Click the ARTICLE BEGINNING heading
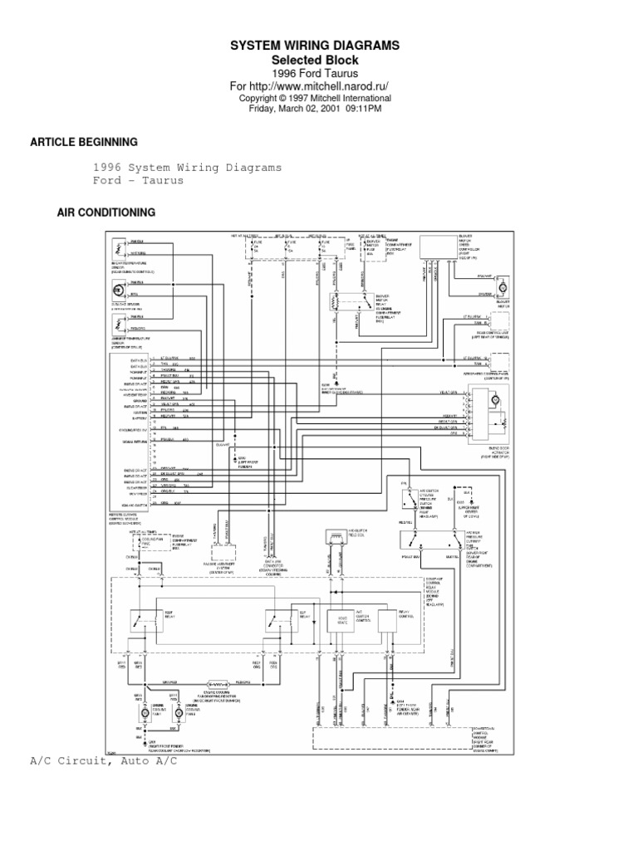click(x=84, y=143)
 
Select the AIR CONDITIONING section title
click(x=106, y=212)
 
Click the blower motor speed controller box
click(x=438, y=247)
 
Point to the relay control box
click(x=388, y=618)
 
